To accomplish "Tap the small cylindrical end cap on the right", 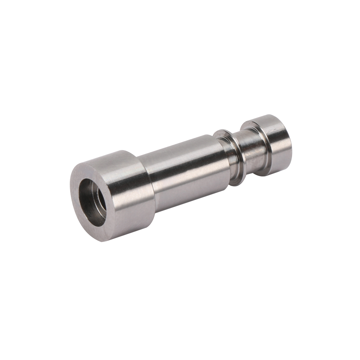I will [275, 144].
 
